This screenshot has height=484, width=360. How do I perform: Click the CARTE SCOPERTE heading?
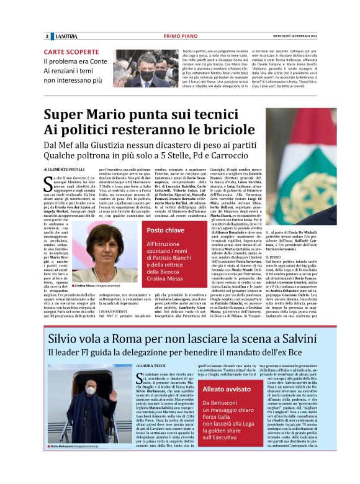tap(71, 52)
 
